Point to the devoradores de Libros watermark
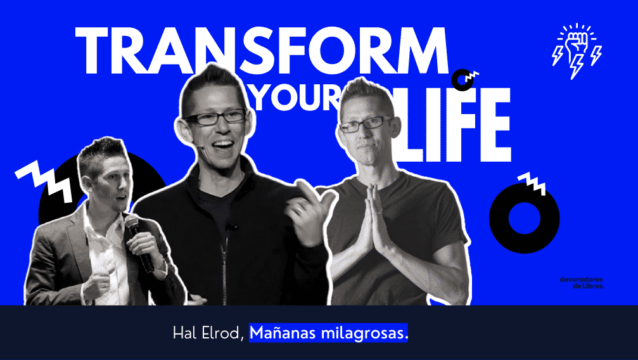pos(582,283)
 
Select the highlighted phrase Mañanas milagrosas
pos(328,333)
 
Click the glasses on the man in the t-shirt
pos(364,124)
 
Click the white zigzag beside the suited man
pos(44,181)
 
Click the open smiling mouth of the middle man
pos(222,146)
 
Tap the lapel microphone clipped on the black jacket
pos(232,227)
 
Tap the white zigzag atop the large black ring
pos(532,183)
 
